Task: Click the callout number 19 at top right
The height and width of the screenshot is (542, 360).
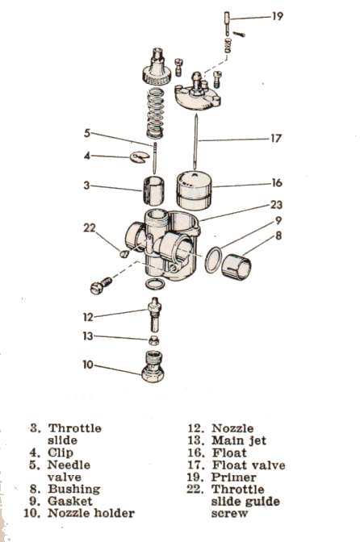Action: tap(278, 16)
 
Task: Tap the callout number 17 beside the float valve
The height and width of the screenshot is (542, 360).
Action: tap(275, 138)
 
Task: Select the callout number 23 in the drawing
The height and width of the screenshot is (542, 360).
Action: tap(276, 205)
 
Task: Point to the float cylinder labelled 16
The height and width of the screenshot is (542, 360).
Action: tap(194, 190)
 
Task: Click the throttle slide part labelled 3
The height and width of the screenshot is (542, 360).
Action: tap(153, 191)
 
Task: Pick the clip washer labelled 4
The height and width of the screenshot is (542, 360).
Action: tap(140, 156)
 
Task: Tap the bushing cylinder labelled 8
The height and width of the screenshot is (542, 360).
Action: tap(237, 267)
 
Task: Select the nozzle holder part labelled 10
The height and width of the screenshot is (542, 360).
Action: tap(153, 366)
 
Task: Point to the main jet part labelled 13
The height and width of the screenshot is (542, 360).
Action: tap(153, 340)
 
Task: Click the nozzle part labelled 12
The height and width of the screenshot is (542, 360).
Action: tap(154, 315)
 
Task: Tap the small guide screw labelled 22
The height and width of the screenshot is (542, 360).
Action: tap(123, 254)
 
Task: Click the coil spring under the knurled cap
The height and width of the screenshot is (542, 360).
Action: tap(155, 114)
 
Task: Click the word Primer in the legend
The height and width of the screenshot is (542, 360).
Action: tap(234, 477)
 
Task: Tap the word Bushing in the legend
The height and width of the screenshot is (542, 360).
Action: tap(74, 489)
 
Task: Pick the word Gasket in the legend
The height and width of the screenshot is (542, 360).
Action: tap(70, 501)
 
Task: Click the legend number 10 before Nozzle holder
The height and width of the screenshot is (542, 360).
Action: tap(31, 513)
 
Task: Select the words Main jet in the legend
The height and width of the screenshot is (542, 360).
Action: tap(239, 440)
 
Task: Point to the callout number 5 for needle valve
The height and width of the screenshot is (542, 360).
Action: tap(87, 133)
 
